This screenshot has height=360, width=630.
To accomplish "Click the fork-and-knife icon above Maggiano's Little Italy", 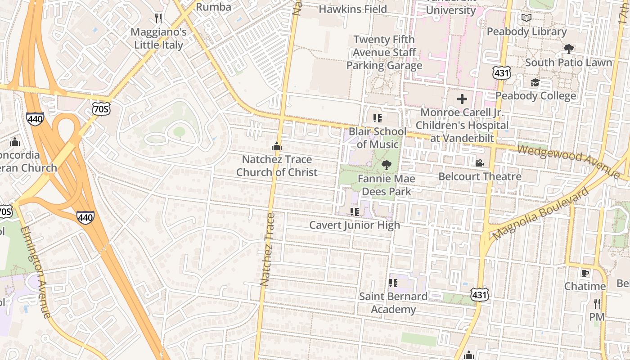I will [x=158, y=18].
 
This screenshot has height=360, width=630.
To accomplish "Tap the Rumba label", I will [x=214, y=7].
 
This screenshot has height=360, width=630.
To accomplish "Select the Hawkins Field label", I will [x=353, y=9].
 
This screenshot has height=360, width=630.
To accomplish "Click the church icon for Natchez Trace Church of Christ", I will [x=277, y=146].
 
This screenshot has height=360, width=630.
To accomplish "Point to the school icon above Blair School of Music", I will [x=378, y=118].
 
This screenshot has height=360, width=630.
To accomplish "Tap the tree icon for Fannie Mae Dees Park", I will [x=386, y=165].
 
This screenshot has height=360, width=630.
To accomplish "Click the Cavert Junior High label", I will [x=355, y=225].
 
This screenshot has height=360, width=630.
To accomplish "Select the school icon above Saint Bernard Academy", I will [x=393, y=283].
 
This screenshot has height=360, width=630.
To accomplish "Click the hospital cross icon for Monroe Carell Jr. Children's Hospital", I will [x=462, y=99].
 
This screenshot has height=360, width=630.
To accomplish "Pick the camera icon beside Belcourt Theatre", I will [x=480, y=163].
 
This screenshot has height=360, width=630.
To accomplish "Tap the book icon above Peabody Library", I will [x=526, y=18].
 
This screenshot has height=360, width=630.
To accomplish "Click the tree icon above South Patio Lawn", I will [x=569, y=49].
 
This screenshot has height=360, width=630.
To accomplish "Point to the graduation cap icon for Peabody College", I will [x=535, y=83].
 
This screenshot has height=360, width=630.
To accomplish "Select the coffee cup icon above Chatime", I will [x=585, y=273].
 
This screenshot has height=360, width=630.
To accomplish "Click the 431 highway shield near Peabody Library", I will [x=501, y=72].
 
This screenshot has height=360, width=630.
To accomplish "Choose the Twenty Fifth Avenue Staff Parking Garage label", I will [x=384, y=53].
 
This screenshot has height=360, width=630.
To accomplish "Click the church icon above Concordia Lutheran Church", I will [x=15, y=142].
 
